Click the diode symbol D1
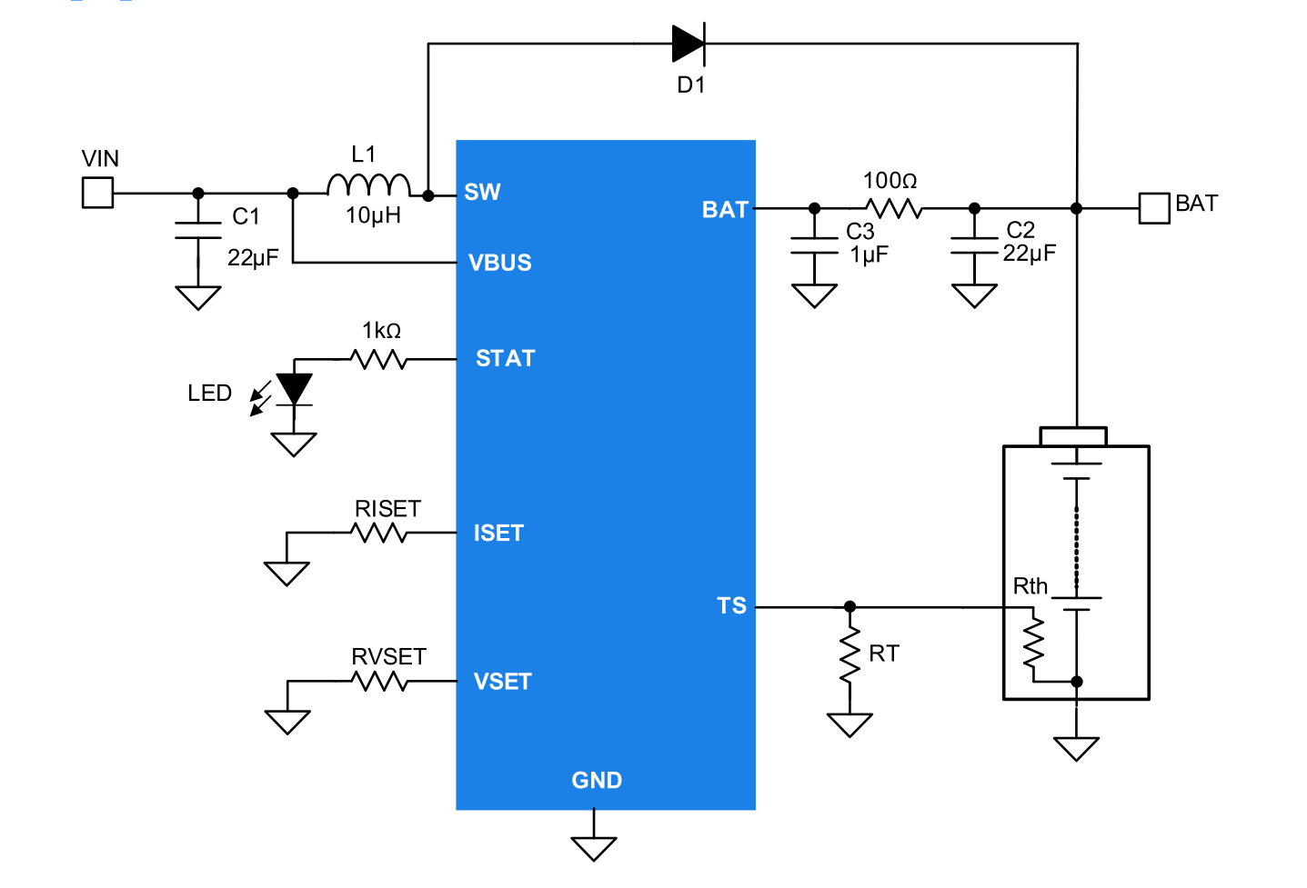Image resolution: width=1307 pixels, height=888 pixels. pyautogui.click(x=689, y=44)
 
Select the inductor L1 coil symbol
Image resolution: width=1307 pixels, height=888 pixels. pyautogui.click(x=368, y=185)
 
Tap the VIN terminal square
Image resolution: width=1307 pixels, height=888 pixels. pyautogui.click(x=97, y=193)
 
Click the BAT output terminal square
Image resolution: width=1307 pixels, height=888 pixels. pyautogui.click(x=1154, y=208)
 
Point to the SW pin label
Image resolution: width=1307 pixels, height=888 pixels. pyautogui.click(x=482, y=193)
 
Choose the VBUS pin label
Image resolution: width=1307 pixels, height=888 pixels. pyautogui.click(x=499, y=263)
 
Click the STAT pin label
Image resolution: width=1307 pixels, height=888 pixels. pyautogui.click(x=505, y=358)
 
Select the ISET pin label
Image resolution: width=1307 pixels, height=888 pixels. pyautogui.click(x=498, y=533)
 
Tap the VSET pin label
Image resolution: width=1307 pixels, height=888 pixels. pyautogui.click(x=502, y=682)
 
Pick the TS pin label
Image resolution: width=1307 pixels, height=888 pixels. pyautogui.click(x=731, y=606)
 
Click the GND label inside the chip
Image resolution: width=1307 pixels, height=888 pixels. pyautogui.click(x=597, y=780)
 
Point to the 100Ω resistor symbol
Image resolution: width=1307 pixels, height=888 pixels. pyautogui.click(x=894, y=208)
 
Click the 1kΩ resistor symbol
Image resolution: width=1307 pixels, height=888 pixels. pyautogui.click(x=379, y=359)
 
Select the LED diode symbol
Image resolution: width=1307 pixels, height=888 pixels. pyautogui.click(x=294, y=389)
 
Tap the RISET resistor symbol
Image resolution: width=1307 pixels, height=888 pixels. pyautogui.click(x=379, y=533)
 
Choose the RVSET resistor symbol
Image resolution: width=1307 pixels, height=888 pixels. pyautogui.click(x=379, y=681)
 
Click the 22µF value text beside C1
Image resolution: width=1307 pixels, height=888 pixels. pyautogui.click(x=253, y=258)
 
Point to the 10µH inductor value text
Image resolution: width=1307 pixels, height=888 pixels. pyautogui.click(x=373, y=215)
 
